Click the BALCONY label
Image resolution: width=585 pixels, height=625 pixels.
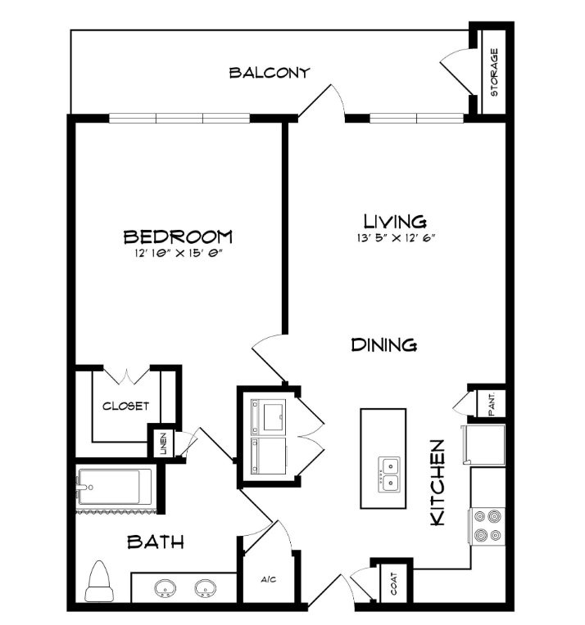tap(270, 73)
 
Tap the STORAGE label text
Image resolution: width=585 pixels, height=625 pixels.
tap(494, 72)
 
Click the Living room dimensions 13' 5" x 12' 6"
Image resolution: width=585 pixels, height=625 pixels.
tap(396, 237)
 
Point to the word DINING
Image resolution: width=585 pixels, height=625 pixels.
tap(384, 344)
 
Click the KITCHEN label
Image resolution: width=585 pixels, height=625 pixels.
tap(437, 483)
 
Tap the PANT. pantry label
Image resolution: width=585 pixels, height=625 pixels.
tap(492, 404)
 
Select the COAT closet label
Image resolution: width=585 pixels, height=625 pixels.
tap(394, 583)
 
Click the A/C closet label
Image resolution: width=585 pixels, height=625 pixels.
tap(269, 579)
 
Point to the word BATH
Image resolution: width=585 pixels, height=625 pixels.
tap(156, 542)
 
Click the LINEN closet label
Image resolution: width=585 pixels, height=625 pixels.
tap(163, 443)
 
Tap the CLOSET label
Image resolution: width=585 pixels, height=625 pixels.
tap(125, 407)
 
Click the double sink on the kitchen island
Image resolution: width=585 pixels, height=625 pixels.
tap(389, 474)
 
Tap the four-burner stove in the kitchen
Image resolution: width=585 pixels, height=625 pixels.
tap(487, 526)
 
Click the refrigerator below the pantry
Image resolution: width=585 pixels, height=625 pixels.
tap(483, 445)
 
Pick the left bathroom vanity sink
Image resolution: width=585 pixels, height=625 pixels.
tap(165, 588)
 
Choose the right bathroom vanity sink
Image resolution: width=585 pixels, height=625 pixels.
tap(206, 588)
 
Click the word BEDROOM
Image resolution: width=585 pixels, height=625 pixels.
tap(178, 236)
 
